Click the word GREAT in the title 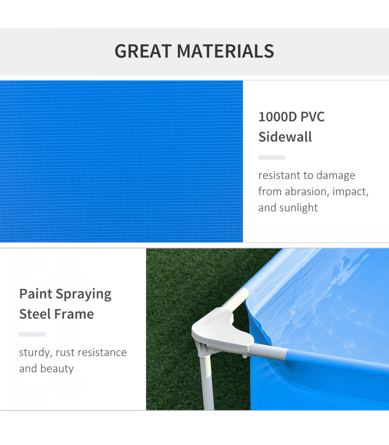143,51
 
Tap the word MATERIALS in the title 225,51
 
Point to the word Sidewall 285,137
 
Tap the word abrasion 306,192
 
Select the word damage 336,175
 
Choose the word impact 350,192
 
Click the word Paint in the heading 36,294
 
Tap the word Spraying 84,295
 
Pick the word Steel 35,314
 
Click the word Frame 74,314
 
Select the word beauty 57,369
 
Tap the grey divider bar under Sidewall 272,157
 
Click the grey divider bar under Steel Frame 32,334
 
